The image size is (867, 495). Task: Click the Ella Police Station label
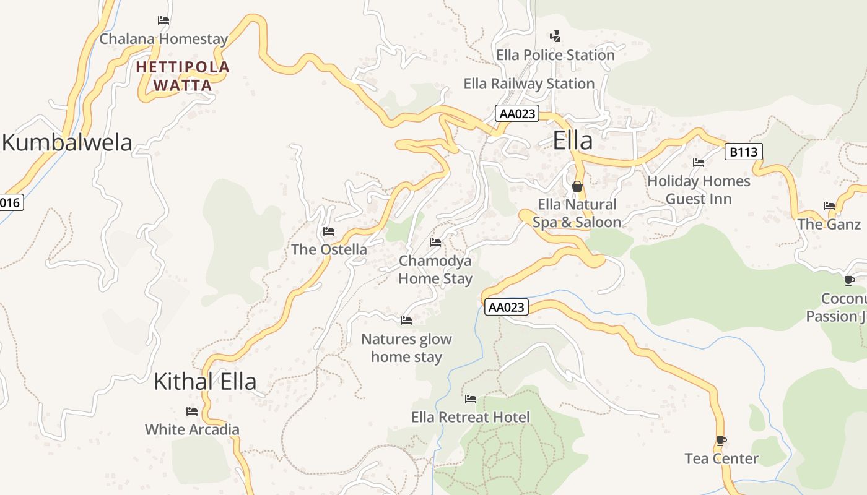555,55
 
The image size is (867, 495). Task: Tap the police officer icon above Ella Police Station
555,37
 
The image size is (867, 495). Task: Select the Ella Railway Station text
529,84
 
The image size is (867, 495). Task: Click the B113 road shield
743,152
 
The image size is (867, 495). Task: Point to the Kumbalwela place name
67,142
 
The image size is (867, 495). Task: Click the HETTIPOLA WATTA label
183,75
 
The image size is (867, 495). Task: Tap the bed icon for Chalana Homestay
163,20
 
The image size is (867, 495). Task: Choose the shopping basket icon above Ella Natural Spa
577,186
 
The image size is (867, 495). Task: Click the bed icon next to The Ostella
329,231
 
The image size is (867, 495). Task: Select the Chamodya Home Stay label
435,270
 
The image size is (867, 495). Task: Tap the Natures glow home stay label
406,348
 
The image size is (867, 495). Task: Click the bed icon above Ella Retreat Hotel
471,399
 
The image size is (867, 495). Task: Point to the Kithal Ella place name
204,381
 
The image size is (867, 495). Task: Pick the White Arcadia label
192,429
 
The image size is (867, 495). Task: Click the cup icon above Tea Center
721,441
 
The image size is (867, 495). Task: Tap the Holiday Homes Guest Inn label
699,190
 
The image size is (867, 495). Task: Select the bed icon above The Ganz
829,206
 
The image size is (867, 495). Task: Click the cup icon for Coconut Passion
850,281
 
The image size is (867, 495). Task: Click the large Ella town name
572,140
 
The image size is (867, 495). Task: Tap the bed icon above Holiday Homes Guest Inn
699,163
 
